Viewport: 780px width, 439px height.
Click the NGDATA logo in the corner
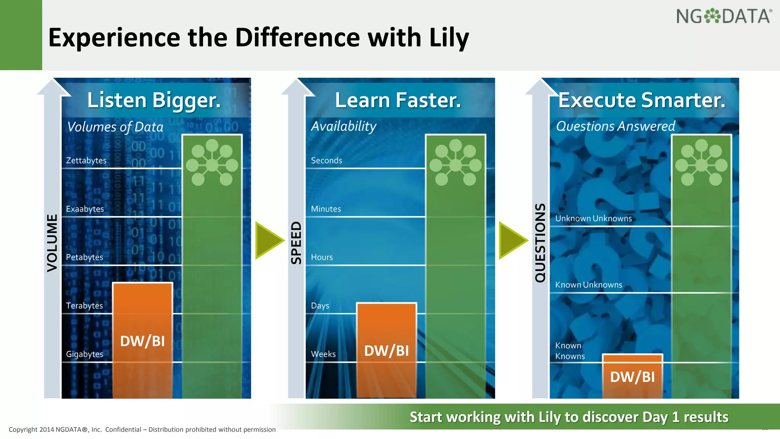724,16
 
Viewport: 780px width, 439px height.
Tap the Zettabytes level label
86,160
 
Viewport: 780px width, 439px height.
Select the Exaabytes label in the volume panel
85,209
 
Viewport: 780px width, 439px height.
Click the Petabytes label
84,257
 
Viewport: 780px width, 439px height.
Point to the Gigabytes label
85,354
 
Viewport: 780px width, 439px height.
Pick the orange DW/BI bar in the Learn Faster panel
386,350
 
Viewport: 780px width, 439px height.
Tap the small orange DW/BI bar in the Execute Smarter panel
632,377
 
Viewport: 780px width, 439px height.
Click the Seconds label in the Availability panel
326,160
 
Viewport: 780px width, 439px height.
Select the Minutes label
326,209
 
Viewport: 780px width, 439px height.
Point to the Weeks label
323,354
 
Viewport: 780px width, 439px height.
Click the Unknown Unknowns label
593,218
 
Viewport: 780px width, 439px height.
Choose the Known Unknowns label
588,285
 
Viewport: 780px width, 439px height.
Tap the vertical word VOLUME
52,243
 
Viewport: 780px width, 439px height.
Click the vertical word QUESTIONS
540,243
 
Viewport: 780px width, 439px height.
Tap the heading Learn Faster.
398,100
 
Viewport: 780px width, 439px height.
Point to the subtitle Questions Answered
615,126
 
